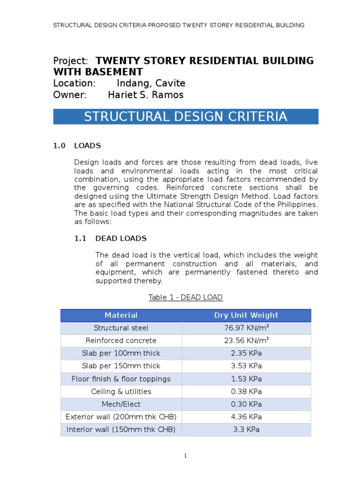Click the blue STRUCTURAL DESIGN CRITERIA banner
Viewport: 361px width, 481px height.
pyautogui.click(x=186, y=117)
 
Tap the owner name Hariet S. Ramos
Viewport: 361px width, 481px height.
pyautogui.click(x=146, y=95)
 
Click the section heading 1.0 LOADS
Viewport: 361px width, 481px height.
pyautogui.click(x=77, y=146)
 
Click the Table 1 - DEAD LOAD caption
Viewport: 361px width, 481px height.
pyautogui.click(x=185, y=297)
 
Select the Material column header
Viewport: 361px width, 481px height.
pyautogui.click(x=121, y=315)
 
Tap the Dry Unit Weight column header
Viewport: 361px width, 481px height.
pyautogui.click(x=246, y=315)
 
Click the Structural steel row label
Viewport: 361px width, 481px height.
pyautogui.click(x=121, y=328)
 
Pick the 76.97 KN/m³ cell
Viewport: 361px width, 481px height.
pyautogui.click(x=246, y=328)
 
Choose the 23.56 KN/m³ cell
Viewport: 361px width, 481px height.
pyautogui.click(x=246, y=341)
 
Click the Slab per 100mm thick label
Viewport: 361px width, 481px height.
pyautogui.click(x=121, y=353)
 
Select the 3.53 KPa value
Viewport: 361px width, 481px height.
pyautogui.click(x=246, y=366)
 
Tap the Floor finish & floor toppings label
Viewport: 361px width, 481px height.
pyautogui.click(x=121, y=379)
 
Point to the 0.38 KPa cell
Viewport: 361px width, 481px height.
pyautogui.click(x=246, y=391)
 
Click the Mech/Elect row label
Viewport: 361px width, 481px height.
pyautogui.click(x=121, y=404)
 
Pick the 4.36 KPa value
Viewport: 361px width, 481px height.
pyautogui.click(x=246, y=417)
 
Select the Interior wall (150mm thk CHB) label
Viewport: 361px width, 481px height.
pyautogui.click(x=121, y=429)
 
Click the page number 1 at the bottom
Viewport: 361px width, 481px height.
pyautogui.click(x=186, y=456)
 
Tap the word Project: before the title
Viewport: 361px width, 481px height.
pyautogui.click(x=71, y=61)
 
